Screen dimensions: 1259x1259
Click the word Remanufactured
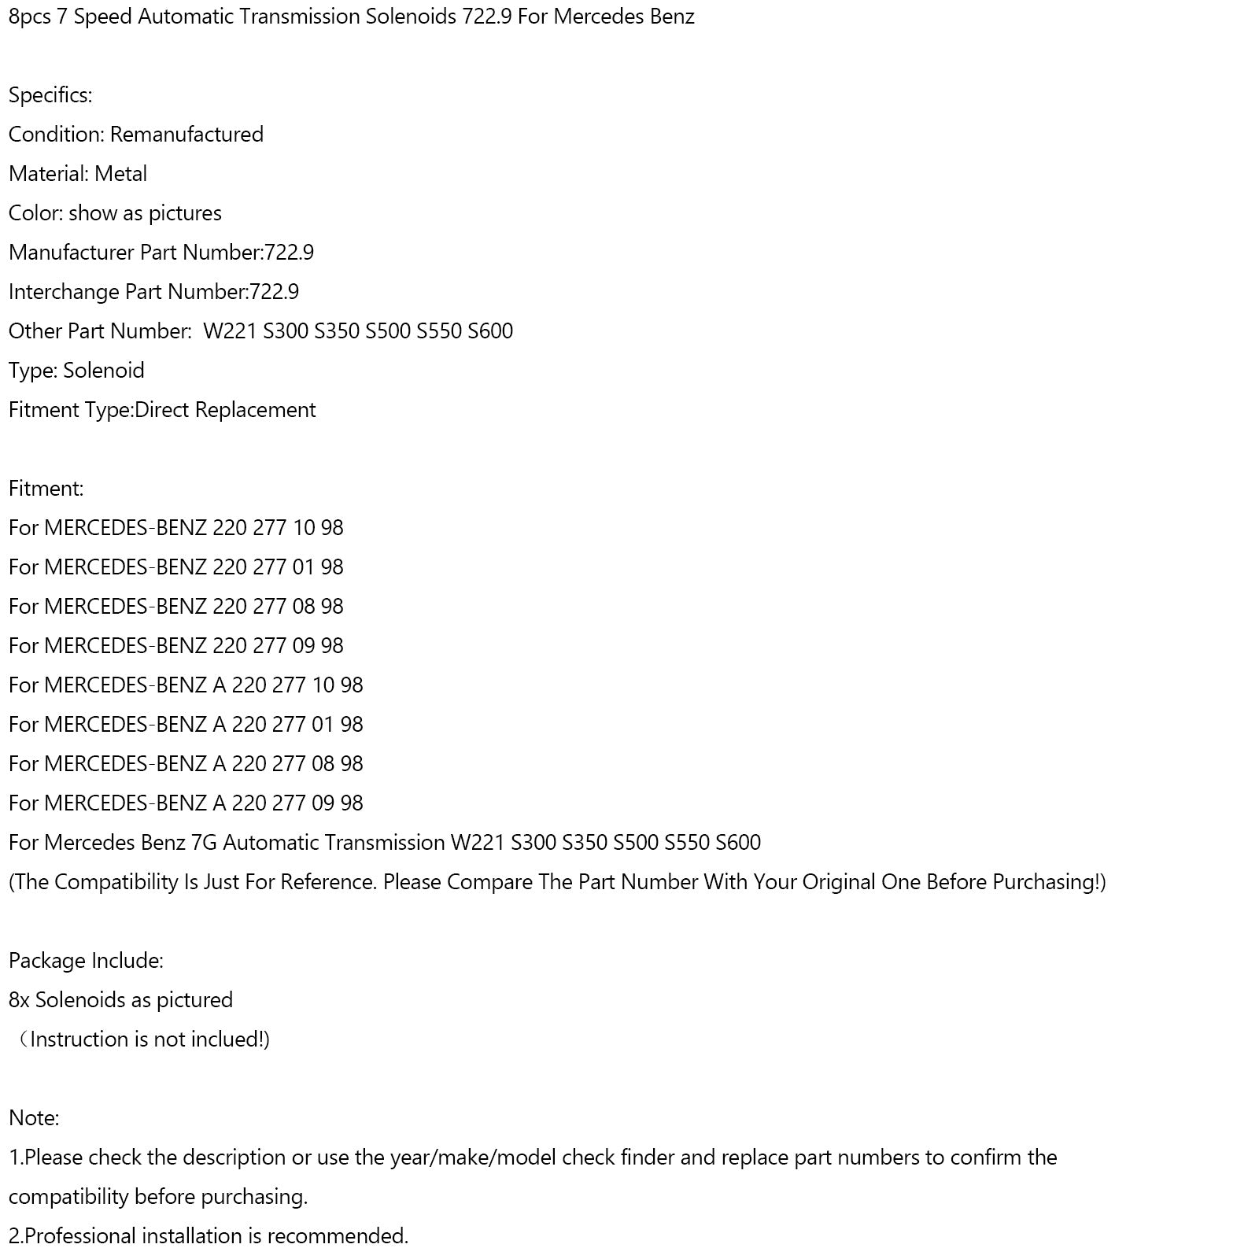tap(186, 135)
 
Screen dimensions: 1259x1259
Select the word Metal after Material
tap(120, 174)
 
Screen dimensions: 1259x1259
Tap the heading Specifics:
tap(50, 95)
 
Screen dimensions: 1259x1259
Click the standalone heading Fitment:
tap(46, 489)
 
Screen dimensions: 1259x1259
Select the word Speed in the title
tap(102, 17)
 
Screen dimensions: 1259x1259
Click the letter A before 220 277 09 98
tap(220, 803)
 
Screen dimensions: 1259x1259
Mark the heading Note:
tap(34, 1118)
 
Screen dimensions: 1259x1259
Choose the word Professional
tap(80, 1236)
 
